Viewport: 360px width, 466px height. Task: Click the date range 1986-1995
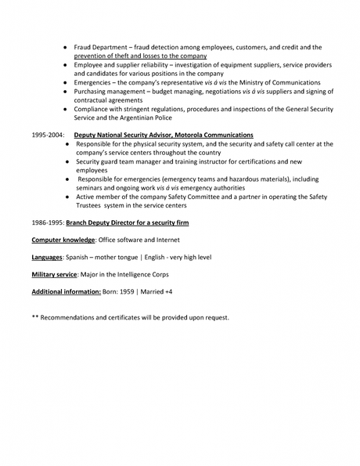coord(47,222)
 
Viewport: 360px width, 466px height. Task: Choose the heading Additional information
coord(67,291)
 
